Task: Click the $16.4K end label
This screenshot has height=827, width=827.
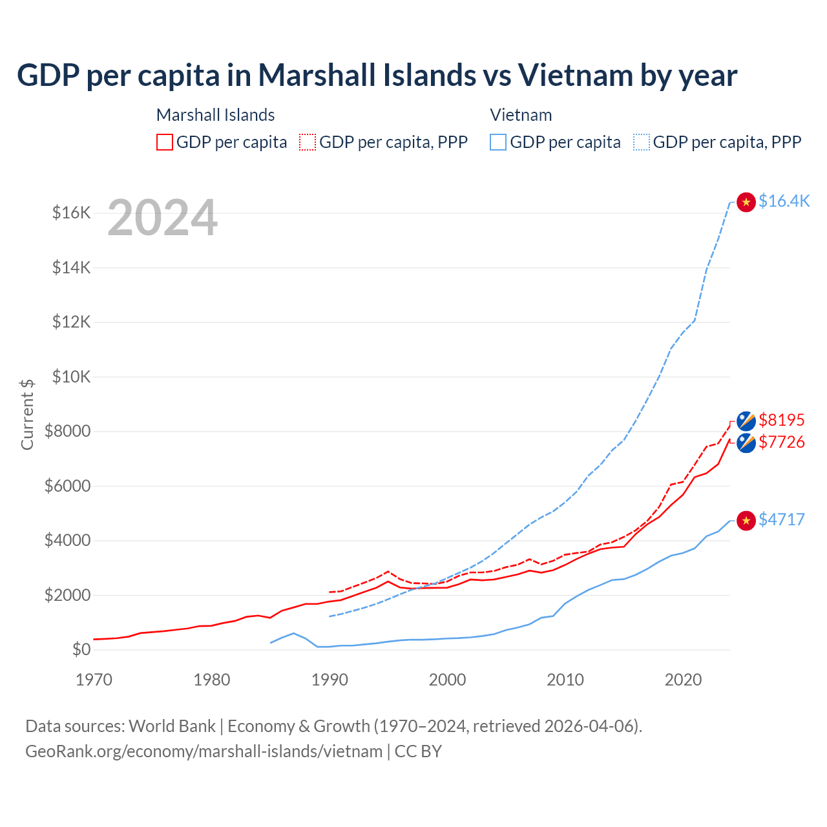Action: pyautogui.click(x=784, y=201)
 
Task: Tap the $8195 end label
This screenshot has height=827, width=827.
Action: pyautogui.click(x=781, y=420)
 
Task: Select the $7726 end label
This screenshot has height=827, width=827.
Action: pyautogui.click(x=781, y=442)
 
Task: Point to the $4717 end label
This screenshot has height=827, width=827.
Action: pyautogui.click(x=781, y=519)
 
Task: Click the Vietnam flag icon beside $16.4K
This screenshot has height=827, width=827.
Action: pyautogui.click(x=746, y=202)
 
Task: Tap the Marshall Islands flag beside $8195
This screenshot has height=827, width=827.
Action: pyautogui.click(x=746, y=421)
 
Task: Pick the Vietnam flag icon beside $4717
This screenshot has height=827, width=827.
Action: pyautogui.click(x=746, y=521)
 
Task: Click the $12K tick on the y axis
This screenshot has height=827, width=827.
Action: pyautogui.click(x=71, y=322)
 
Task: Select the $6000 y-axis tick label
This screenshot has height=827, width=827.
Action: pyautogui.click(x=67, y=486)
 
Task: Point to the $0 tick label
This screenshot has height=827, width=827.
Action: pyautogui.click(x=81, y=649)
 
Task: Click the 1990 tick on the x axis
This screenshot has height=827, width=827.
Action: pyautogui.click(x=330, y=680)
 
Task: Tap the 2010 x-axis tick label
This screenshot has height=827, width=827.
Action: pyautogui.click(x=565, y=680)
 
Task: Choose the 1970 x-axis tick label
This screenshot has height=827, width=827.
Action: pyautogui.click(x=94, y=680)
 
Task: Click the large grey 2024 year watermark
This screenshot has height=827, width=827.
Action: pyautogui.click(x=162, y=218)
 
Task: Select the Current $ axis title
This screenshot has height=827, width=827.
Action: pyautogui.click(x=27, y=414)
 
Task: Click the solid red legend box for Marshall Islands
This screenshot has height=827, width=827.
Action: pyautogui.click(x=165, y=142)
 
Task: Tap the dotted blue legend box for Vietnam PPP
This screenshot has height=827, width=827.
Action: pyautogui.click(x=642, y=142)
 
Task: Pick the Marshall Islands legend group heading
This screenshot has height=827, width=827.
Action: pyautogui.click(x=215, y=115)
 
